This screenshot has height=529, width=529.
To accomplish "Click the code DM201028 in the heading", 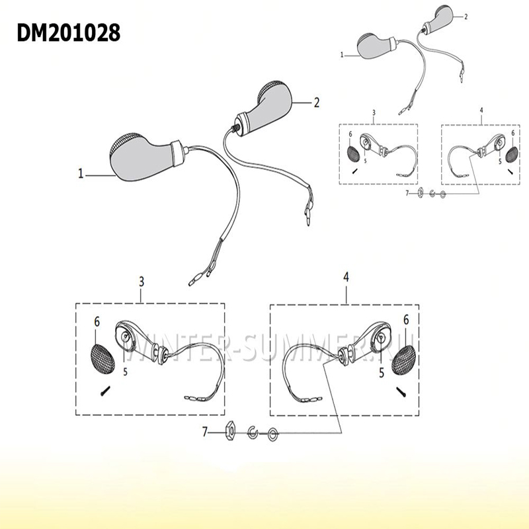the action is (69, 33).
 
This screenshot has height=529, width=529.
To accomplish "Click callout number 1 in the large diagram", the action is (81, 173).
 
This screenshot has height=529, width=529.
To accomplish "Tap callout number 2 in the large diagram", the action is (317, 102).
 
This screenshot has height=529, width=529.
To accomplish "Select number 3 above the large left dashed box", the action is (142, 282).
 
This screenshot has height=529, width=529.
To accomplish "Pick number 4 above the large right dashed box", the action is (346, 277).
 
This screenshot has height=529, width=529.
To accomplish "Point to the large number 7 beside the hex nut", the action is (204, 432).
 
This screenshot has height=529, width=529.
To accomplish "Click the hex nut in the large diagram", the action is (229, 432).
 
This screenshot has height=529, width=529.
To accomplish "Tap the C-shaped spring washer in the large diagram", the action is (253, 432).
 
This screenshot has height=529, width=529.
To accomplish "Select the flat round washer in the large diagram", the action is (272, 434).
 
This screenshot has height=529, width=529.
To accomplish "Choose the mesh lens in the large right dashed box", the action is (403, 360).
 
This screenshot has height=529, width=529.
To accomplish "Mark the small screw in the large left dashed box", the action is (105, 391).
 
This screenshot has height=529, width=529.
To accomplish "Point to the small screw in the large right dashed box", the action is (401, 391).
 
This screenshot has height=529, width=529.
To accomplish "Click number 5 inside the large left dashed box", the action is (125, 372).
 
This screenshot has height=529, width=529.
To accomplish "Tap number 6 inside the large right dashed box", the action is (406, 320).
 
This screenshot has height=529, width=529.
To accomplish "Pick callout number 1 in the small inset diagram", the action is (342, 55).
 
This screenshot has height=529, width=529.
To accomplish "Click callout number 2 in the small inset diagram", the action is (466, 17).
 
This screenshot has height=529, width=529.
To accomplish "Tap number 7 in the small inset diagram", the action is (407, 193).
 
